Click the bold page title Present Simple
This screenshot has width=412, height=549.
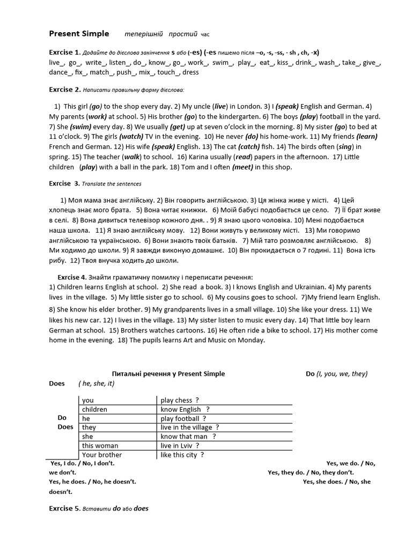tap(79, 34)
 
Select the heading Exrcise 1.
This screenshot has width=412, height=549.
tap(64, 53)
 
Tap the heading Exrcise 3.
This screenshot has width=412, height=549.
tap(64, 183)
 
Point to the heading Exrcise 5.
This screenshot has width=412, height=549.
tap(64, 508)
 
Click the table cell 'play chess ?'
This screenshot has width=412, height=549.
tap(180, 400)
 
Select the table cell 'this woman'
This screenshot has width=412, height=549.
tap(100, 446)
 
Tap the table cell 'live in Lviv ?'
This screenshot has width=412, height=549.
tap(180, 446)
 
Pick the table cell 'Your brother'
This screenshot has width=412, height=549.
tap(102, 455)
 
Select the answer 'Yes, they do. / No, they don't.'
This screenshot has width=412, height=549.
tap(311, 472)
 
